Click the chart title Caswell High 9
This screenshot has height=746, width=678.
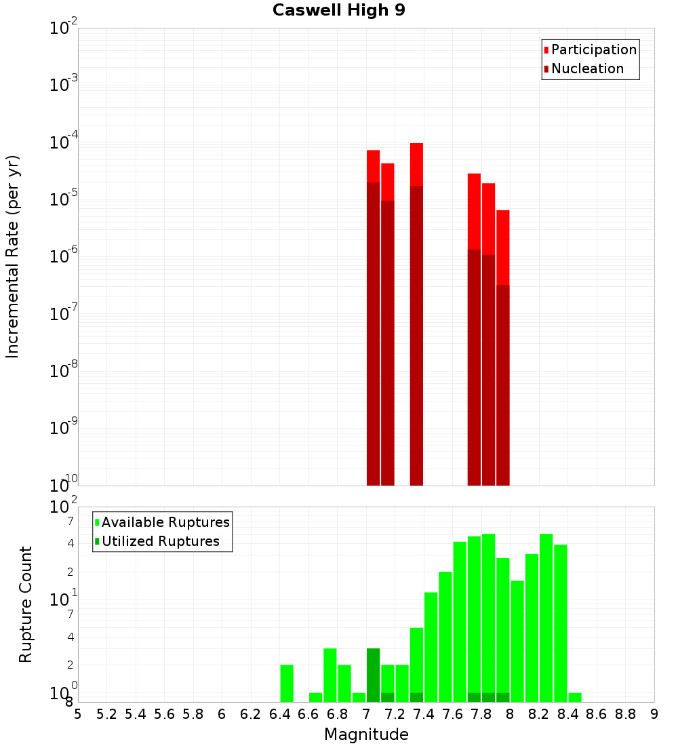[339, 11]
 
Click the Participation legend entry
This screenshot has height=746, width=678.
[593, 50]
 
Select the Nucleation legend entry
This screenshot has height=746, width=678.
[587, 69]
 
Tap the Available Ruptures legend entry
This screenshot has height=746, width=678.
[165, 523]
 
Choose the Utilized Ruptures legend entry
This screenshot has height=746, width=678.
[160, 542]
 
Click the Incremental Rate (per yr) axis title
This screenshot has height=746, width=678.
[13, 257]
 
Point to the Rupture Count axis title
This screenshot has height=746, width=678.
[26, 604]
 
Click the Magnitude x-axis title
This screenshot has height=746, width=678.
[366, 734]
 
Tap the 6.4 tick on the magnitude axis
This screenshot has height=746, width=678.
[279, 714]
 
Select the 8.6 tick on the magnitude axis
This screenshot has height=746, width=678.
[597, 714]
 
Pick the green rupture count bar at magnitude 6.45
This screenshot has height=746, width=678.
[287, 684]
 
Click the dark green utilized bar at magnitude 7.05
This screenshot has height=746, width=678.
[373, 675]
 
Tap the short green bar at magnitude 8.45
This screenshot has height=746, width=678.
[575, 698]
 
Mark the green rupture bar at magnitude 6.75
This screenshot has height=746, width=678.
[330, 675]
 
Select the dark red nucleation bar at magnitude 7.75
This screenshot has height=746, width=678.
[474, 366]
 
